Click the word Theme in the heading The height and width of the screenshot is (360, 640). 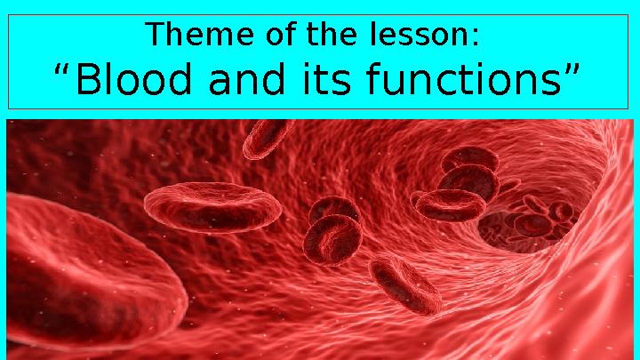pos(199,34)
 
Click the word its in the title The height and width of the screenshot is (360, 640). pos(327,79)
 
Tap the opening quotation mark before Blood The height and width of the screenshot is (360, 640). pos(61,70)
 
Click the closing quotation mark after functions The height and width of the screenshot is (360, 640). pos(572,70)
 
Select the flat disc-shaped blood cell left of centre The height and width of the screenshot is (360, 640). pos(212,207)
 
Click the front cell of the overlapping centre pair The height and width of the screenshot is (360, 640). pos(332,240)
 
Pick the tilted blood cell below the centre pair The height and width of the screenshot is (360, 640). pos(405,285)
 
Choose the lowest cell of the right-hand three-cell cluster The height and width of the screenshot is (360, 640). pos(450,205)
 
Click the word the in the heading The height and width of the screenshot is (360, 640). pos(332,34)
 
